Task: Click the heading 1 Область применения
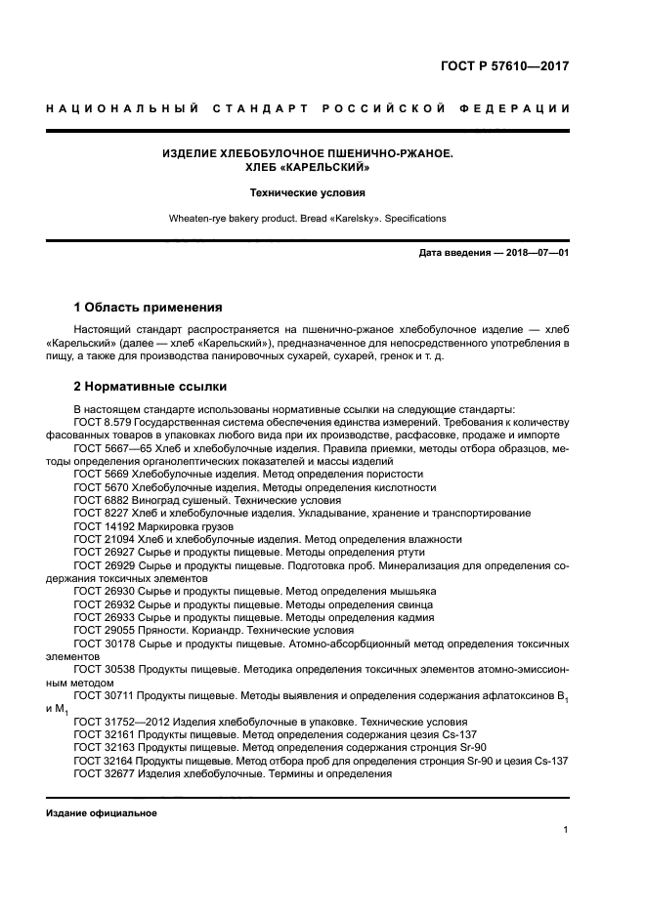coord(148,307)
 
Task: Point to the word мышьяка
coord(413,592)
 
